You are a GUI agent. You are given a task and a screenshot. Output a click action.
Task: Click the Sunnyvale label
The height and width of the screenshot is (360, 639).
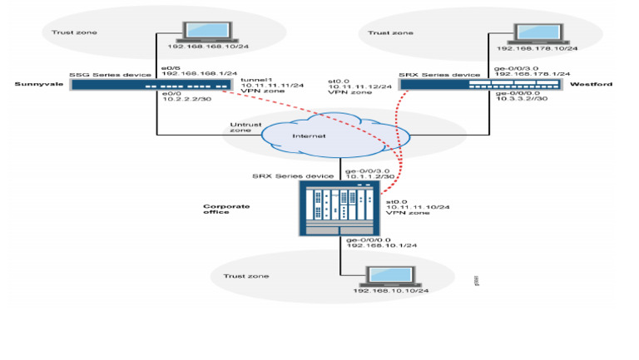pos(34,85)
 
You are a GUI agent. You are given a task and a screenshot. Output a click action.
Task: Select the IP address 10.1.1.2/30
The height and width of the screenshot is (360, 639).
pos(369,176)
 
